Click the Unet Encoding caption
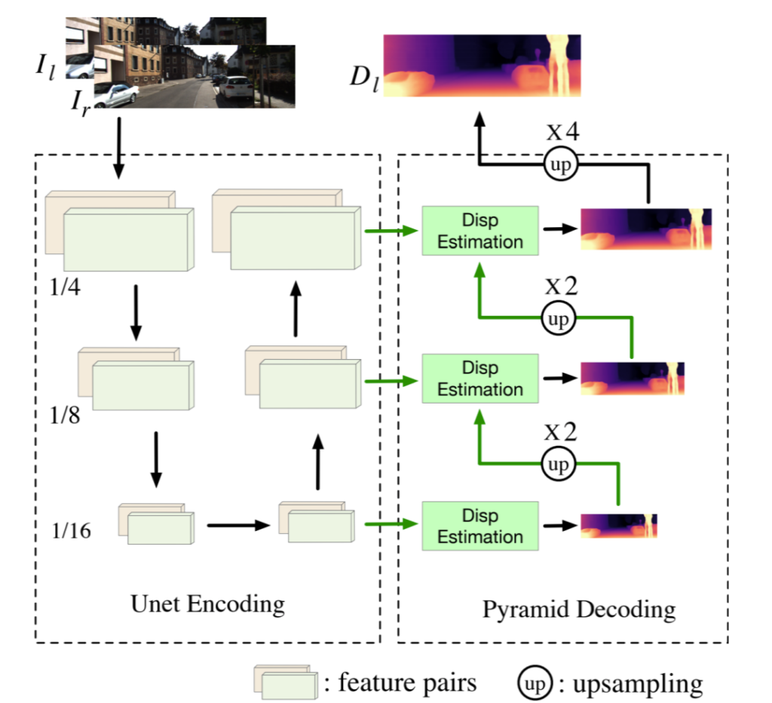[x=207, y=603]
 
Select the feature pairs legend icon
[x=284, y=683]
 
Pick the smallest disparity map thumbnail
[x=618, y=525]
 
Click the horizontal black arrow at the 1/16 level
[x=237, y=525]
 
